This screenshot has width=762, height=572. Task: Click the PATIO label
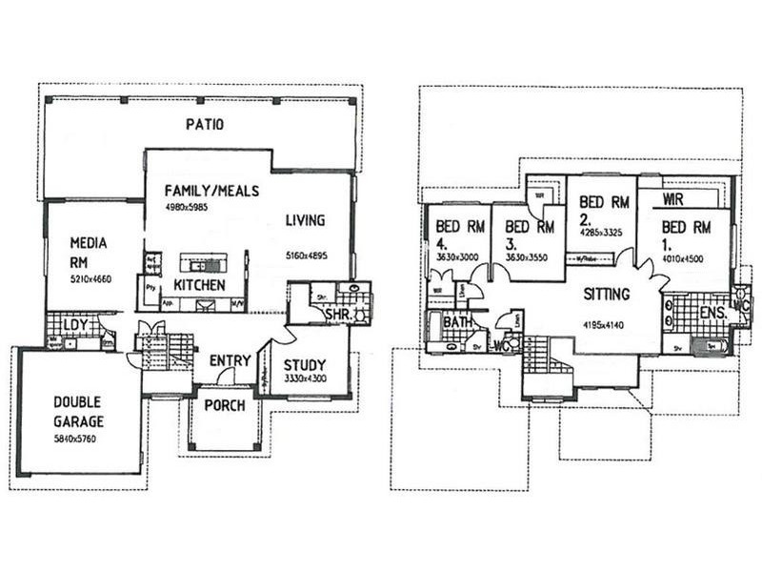(204, 125)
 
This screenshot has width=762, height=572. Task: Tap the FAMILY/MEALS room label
(211, 191)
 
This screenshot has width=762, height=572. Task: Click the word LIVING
(305, 220)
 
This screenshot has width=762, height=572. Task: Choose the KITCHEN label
(199, 285)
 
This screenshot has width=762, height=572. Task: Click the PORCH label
(225, 405)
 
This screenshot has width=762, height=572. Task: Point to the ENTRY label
(230, 360)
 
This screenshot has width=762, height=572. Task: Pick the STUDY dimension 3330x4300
(305, 379)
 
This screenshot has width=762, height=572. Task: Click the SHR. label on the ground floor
(339, 315)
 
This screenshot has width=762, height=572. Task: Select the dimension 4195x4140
(605, 325)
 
